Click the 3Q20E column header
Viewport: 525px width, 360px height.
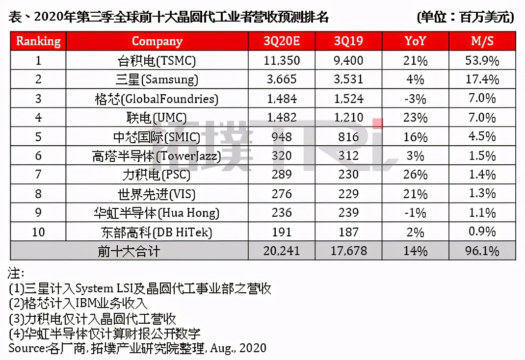pyautogui.click(x=280, y=41)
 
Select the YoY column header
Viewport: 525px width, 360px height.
pyautogui.click(x=415, y=41)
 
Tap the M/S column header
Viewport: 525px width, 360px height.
pyautogui.click(x=482, y=41)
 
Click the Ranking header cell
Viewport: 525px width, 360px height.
pyautogui.click(x=38, y=41)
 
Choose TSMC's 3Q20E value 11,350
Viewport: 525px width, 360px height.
pyautogui.click(x=280, y=61)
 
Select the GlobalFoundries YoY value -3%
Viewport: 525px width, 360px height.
pyautogui.click(x=416, y=99)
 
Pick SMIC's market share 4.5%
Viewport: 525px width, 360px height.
pyautogui.click(x=482, y=137)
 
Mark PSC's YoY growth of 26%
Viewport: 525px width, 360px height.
pyautogui.click(x=416, y=175)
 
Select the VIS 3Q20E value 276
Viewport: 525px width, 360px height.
pyautogui.click(x=280, y=194)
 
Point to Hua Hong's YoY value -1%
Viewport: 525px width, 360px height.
pyautogui.click(x=416, y=213)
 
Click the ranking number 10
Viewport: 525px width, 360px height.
pyautogui.click(x=38, y=232)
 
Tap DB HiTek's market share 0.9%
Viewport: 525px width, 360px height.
pyautogui.click(x=482, y=232)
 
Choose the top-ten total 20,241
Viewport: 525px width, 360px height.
pyautogui.click(x=280, y=251)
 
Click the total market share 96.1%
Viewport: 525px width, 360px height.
pyautogui.click(x=482, y=251)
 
